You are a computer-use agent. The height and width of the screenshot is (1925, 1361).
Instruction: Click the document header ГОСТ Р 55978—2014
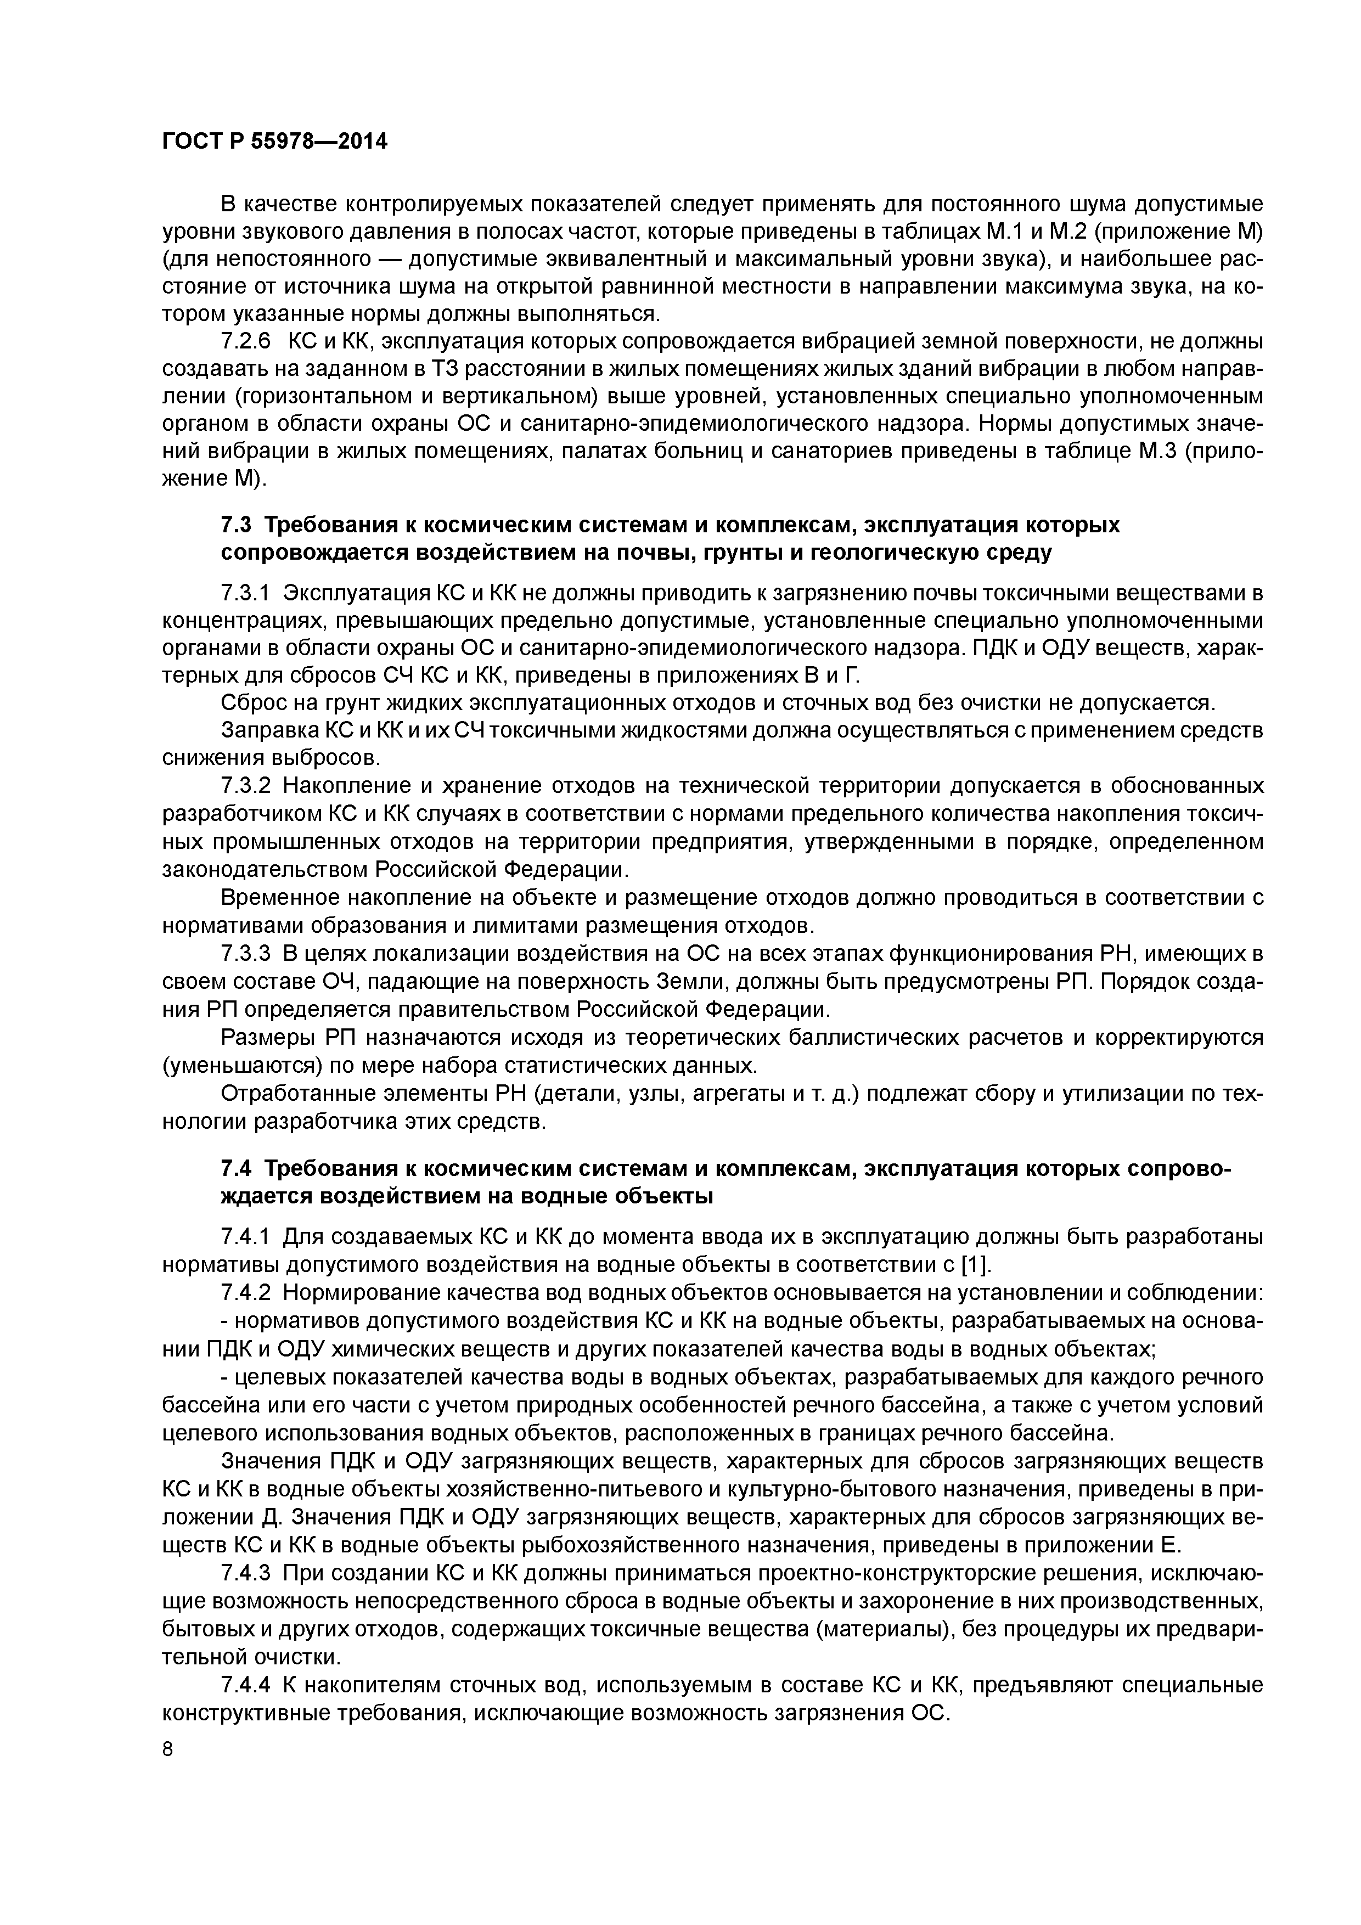click(274, 142)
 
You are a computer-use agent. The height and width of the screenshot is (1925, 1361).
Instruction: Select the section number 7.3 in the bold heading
click(235, 525)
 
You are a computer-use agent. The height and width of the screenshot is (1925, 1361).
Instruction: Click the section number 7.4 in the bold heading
click(235, 1169)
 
